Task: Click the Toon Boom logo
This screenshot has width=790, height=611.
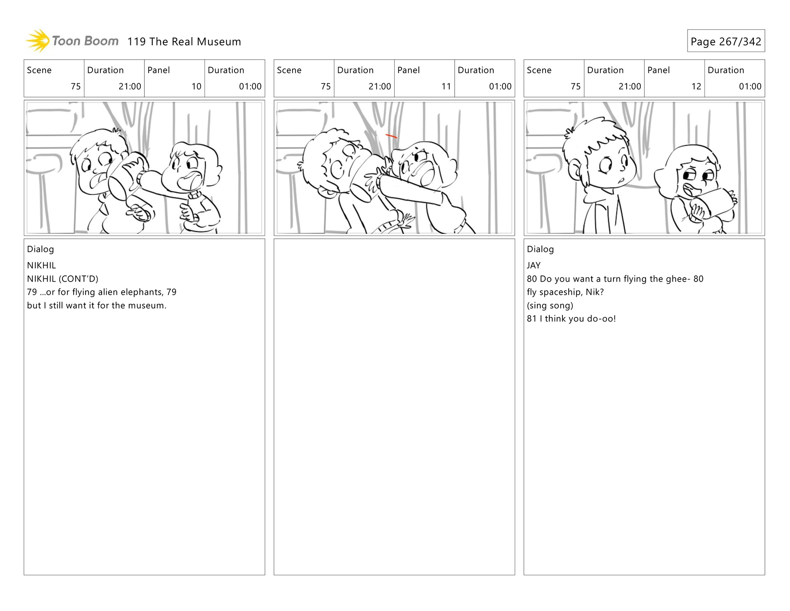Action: (72, 41)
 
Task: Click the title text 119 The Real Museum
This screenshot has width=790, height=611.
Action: (184, 42)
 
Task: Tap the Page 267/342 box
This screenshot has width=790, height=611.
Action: (726, 41)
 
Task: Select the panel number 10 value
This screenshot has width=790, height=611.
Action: (196, 86)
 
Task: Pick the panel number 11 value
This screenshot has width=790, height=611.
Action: (446, 86)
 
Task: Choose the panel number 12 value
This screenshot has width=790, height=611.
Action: (696, 86)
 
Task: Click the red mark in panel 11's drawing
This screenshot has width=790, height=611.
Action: (391, 136)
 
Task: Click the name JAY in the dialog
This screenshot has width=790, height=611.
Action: (534, 266)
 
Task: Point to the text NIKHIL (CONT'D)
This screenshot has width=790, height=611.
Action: (63, 279)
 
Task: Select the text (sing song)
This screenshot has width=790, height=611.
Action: (550, 305)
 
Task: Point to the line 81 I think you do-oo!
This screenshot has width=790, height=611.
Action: (572, 319)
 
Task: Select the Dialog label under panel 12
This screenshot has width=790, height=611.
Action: (540, 249)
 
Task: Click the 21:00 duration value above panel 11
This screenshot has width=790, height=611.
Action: (380, 86)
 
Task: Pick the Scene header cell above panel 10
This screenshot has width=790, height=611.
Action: (54, 78)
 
